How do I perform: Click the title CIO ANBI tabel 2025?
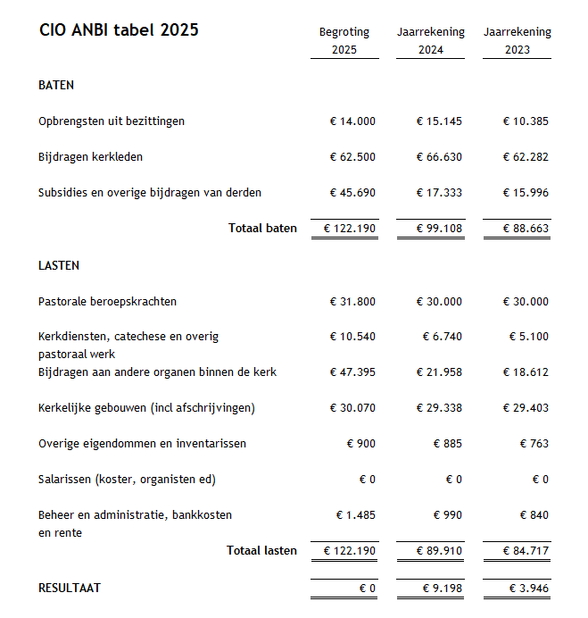pyautogui.click(x=119, y=30)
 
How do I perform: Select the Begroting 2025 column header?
pyautogui.click(x=344, y=41)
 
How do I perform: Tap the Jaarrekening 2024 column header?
pyautogui.click(x=431, y=41)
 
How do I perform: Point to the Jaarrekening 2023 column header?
pyautogui.click(x=518, y=41)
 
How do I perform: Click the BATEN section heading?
pyautogui.click(x=56, y=86)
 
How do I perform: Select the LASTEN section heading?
pyautogui.click(x=59, y=266)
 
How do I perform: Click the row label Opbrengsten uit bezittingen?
pyautogui.click(x=112, y=121)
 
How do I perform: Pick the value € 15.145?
pyautogui.click(x=439, y=121)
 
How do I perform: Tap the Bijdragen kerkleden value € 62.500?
pyautogui.click(x=352, y=157)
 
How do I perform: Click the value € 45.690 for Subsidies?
pyautogui.click(x=352, y=193)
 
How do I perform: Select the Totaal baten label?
pyautogui.click(x=262, y=229)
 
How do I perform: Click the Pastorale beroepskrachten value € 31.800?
pyautogui.click(x=352, y=302)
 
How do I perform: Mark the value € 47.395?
pyautogui.click(x=352, y=372)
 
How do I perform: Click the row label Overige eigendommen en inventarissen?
pyautogui.click(x=142, y=444)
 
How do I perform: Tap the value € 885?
pyautogui.click(x=447, y=444)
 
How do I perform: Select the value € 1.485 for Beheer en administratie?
pyautogui.click(x=356, y=515)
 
